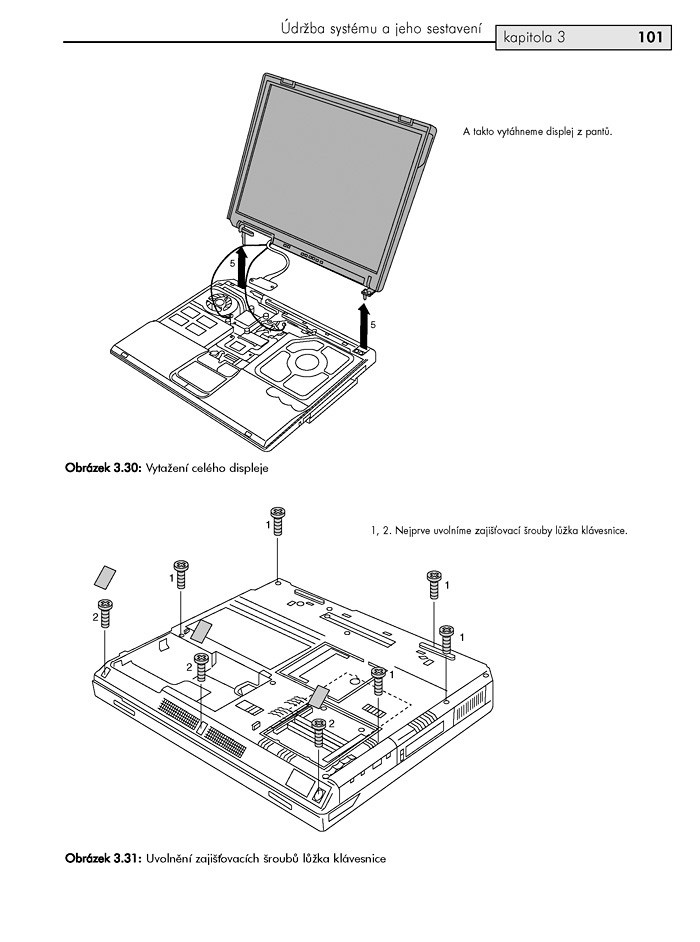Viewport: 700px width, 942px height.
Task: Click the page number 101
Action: pyautogui.click(x=649, y=38)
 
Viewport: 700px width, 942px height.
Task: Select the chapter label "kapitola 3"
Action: pyautogui.click(x=535, y=39)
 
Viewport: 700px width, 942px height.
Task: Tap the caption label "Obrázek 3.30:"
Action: pyautogui.click(x=105, y=467)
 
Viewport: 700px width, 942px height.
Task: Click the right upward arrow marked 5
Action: pyautogui.click(x=363, y=326)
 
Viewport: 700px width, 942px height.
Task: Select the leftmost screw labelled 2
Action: pyautogui.click(x=106, y=611)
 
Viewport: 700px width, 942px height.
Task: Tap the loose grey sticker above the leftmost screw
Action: pyautogui.click(x=105, y=576)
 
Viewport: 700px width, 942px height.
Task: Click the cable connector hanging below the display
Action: pyautogui.click(x=264, y=283)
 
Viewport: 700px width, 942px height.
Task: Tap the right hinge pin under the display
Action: pyautogui.click(x=367, y=292)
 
